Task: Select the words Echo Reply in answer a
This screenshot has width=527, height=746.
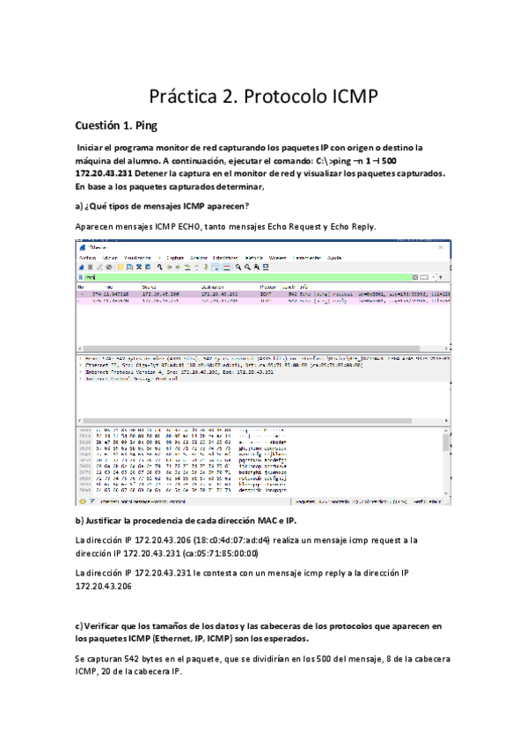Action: click(350, 227)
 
